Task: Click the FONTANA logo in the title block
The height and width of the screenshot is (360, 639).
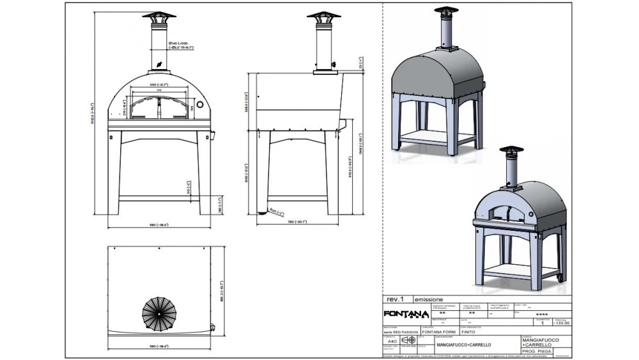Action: [x=405, y=313]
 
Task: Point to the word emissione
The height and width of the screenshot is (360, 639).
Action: [x=428, y=299]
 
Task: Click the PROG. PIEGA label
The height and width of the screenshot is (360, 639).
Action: [x=536, y=351]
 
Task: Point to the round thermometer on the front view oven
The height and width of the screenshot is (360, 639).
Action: [x=199, y=104]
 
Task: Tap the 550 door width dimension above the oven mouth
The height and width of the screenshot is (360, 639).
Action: [x=158, y=84]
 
